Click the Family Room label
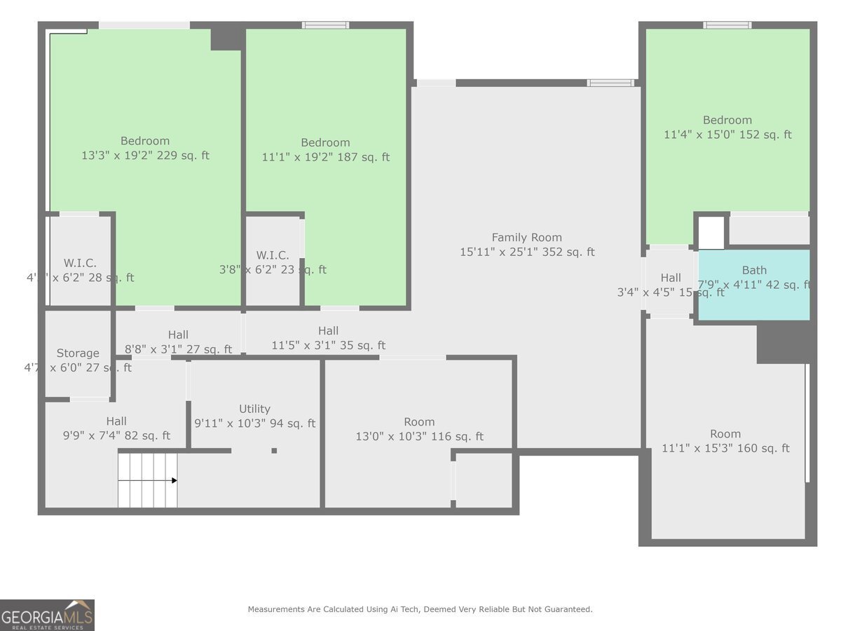point(526,238)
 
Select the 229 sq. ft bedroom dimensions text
point(145,156)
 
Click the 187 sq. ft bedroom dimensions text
point(325,158)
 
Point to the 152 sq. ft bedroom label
point(727,120)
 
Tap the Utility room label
point(254,409)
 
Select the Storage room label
point(78,353)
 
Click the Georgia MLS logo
point(47,615)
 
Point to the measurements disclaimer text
point(420,609)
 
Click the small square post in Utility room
point(274,451)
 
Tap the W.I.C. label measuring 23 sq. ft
point(273,255)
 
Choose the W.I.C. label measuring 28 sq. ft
point(80,263)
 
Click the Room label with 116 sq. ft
point(419,422)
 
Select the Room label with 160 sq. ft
point(725,434)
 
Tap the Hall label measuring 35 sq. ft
point(328,331)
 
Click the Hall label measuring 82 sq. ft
point(116,421)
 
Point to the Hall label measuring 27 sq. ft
point(178,335)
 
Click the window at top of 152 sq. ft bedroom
point(727,25)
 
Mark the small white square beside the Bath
point(711,233)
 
